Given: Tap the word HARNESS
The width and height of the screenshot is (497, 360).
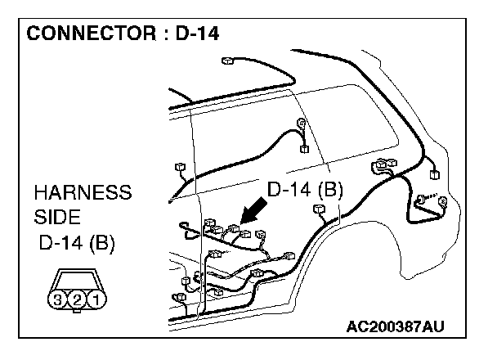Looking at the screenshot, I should click(83, 194).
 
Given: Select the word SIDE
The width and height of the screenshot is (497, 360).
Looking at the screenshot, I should click(58, 218).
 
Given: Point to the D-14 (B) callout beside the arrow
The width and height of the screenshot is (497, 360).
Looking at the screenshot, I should click(305, 190).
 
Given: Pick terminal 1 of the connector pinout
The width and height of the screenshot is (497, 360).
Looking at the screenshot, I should click(96, 299).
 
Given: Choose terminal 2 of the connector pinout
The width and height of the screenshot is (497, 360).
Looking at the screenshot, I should click(77, 299).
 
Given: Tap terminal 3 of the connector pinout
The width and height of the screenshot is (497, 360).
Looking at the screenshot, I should click(58, 299).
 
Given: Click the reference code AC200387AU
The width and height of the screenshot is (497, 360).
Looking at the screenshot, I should click(396, 327).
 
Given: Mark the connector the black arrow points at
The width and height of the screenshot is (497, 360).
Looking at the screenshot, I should click(235, 232).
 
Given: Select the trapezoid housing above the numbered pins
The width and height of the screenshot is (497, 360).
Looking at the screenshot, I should click(77, 280).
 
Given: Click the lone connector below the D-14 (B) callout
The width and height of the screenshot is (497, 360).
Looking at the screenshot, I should click(320, 211).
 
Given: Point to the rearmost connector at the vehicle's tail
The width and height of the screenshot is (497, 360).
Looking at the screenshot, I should click(432, 173).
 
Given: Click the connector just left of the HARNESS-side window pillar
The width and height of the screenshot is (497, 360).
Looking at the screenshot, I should click(179, 168).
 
